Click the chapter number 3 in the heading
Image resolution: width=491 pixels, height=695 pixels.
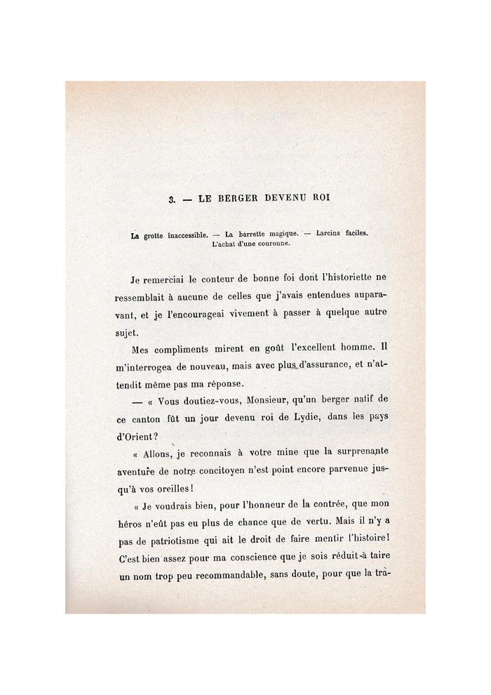click(170, 199)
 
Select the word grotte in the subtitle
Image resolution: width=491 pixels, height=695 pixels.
click(156, 236)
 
